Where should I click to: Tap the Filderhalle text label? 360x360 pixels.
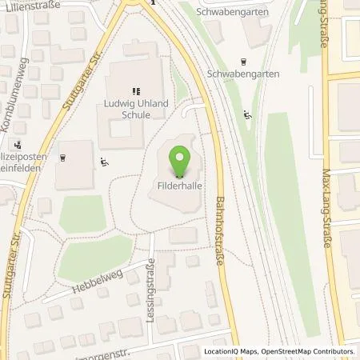click(x=178, y=184)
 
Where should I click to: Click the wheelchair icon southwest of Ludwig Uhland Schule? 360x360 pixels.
click(x=106, y=162)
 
